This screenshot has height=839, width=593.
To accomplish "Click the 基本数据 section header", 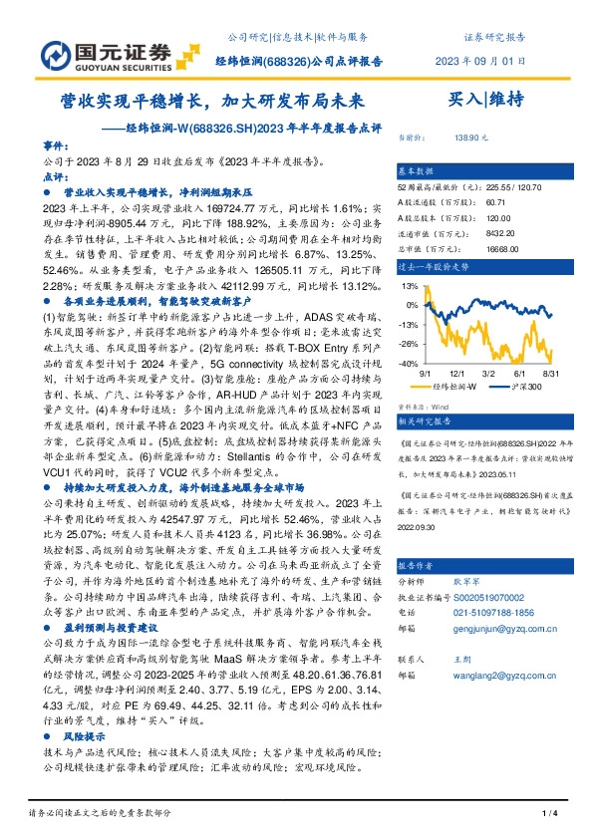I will pos(415,170).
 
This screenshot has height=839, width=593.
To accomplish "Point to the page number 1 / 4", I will pos(547,816).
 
